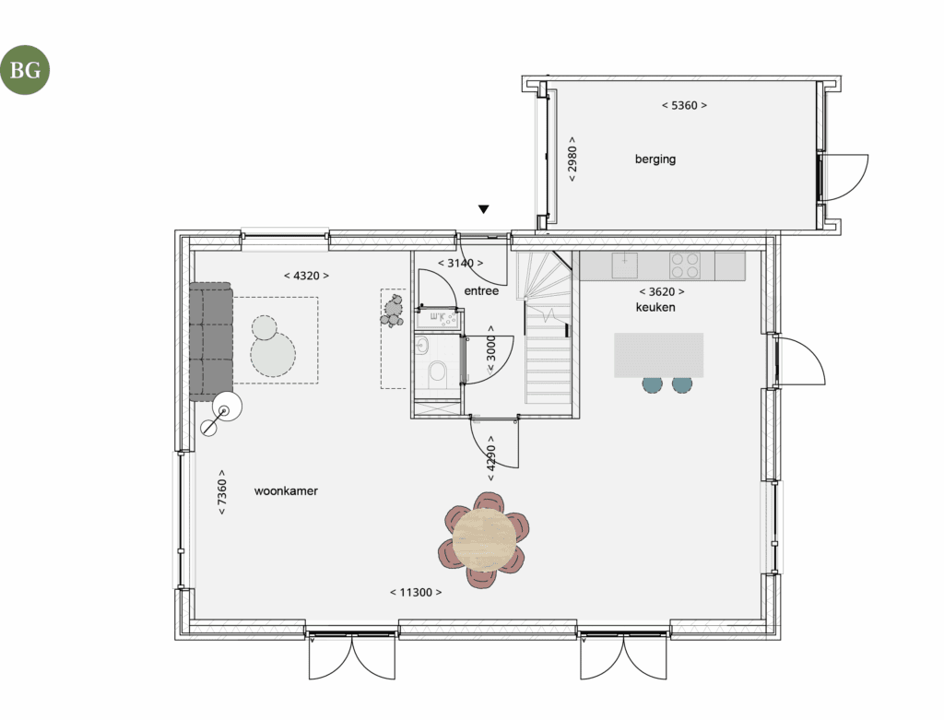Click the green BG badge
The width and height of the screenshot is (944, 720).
(x=25, y=70)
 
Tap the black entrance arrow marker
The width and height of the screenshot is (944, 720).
(x=483, y=209)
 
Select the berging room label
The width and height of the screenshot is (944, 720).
(x=655, y=159)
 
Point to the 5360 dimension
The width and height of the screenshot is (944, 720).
(x=684, y=105)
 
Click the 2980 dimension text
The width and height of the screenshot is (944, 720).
(x=572, y=159)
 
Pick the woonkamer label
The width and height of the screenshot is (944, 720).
(x=286, y=490)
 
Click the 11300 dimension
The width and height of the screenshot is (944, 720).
(x=416, y=593)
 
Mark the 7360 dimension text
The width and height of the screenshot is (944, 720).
(x=222, y=492)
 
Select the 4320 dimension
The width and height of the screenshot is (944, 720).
(x=306, y=276)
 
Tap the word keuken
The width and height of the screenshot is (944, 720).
(x=655, y=307)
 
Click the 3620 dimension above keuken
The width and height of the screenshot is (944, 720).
(x=662, y=292)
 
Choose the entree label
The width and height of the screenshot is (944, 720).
(x=481, y=290)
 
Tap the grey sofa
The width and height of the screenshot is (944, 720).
(x=211, y=341)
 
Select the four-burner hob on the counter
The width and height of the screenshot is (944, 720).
(x=685, y=266)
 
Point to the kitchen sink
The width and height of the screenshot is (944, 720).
(x=625, y=265)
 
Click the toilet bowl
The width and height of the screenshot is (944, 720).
(x=438, y=372)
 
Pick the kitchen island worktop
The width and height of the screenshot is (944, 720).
(x=658, y=355)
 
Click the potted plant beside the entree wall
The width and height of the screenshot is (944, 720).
(x=393, y=311)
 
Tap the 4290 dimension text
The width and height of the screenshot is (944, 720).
(x=490, y=458)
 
